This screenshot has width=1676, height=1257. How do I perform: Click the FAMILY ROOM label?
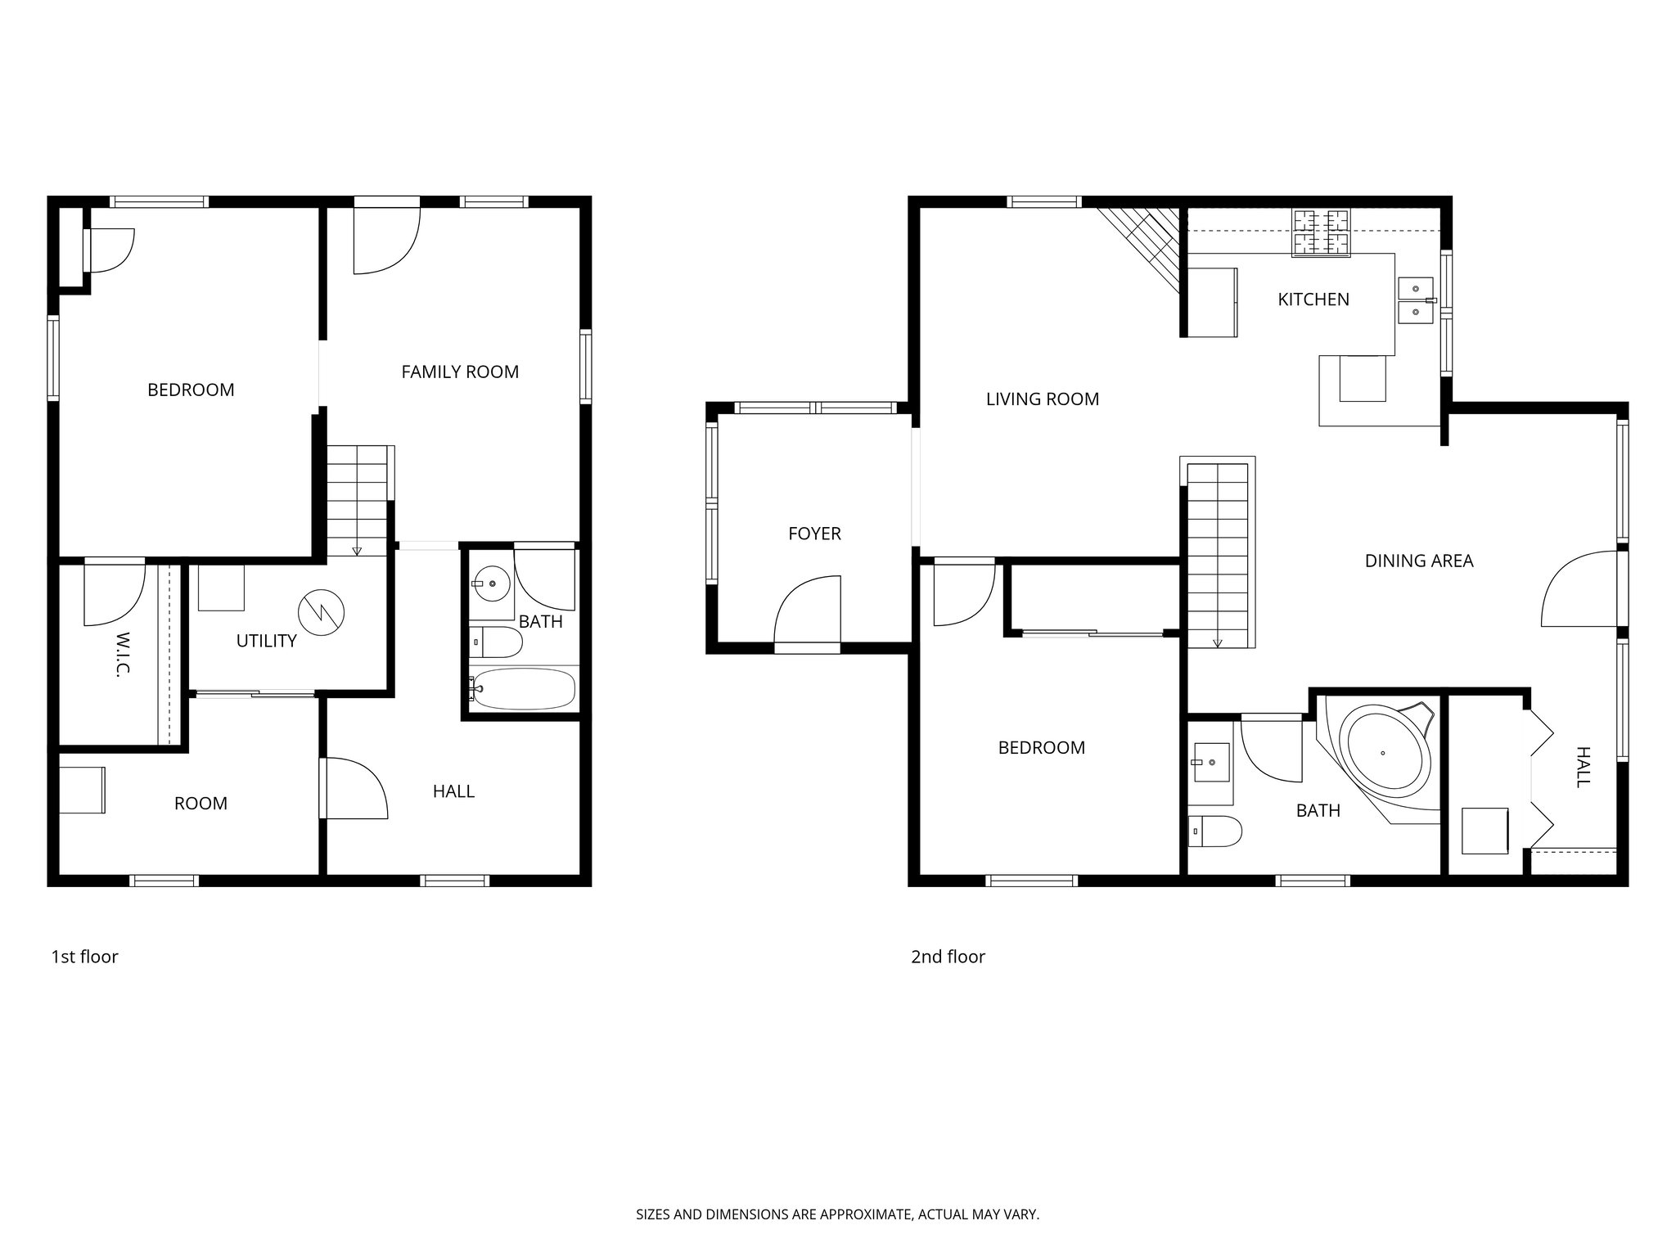click(x=460, y=372)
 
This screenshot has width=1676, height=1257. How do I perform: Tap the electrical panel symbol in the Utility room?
click(x=321, y=610)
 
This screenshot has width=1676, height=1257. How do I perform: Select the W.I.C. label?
click(x=123, y=653)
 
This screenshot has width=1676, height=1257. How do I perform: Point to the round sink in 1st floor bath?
click(x=491, y=583)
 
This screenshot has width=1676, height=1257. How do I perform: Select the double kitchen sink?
click(x=1416, y=300)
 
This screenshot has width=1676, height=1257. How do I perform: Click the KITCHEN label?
click(x=1313, y=300)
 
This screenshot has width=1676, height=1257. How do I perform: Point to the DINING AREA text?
click(x=1419, y=561)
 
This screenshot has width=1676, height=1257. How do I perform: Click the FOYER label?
click(x=814, y=534)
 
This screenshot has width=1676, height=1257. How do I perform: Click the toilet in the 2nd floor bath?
click(x=1214, y=831)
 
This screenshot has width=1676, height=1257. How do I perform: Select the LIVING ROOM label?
click(x=1042, y=399)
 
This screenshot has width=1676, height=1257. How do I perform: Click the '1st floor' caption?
click(x=85, y=957)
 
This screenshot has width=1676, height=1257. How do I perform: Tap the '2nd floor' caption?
click(x=948, y=957)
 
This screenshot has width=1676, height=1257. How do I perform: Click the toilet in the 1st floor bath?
click(x=496, y=642)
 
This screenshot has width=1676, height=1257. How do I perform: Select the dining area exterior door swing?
click(x=1579, y=591)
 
